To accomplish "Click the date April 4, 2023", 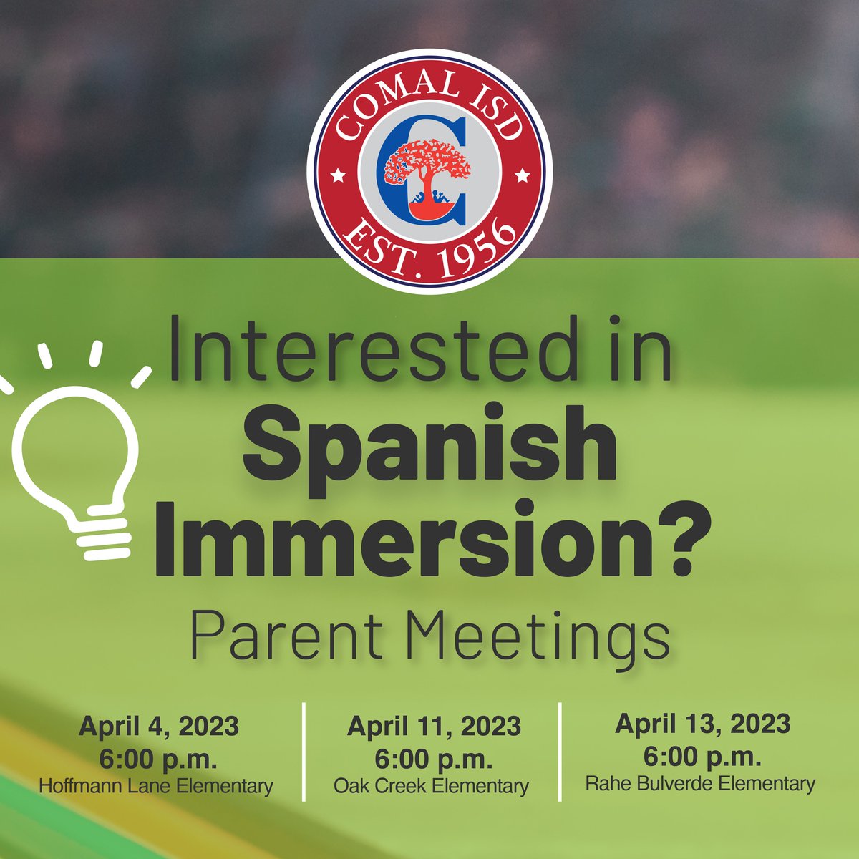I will point(158,727).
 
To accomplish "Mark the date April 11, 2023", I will point(434,727).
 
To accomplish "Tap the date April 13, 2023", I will point(702,724).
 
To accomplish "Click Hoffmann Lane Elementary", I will point(156,786).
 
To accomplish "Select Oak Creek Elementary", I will point(431,786).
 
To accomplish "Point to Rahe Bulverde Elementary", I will point(700,783).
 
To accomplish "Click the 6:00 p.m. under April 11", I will point(434,757).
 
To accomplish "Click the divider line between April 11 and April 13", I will point(559,752).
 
